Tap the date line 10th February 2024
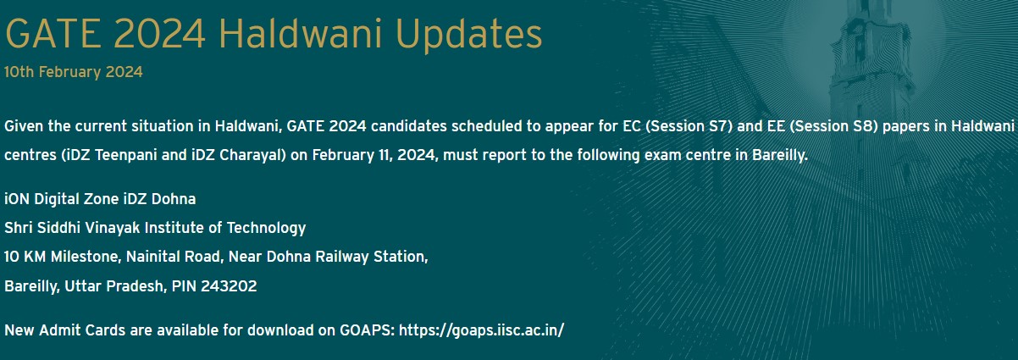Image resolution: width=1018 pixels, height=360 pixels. (74, 72)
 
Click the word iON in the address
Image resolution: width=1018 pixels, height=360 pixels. (17, 199)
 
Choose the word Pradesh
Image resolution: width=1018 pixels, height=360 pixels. (137, 286)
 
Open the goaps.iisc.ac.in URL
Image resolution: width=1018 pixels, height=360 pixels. (481, 330)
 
